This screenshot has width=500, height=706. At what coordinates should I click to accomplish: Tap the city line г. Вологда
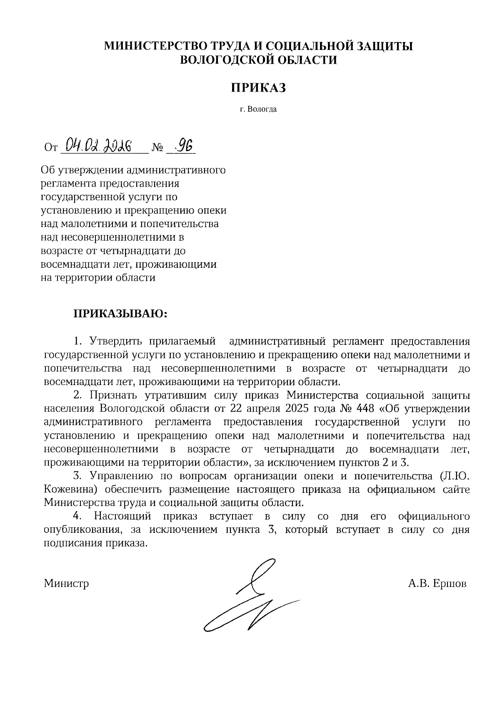tap(258, 110)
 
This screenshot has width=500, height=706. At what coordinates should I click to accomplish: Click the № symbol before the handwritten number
tap(158, 148)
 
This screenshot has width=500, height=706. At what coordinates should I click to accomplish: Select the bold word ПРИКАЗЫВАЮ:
tap(120, 313)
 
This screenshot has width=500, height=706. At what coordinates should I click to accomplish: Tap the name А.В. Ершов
tap(437, 583)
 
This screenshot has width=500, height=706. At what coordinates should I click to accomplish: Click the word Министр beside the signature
tap(66, 583)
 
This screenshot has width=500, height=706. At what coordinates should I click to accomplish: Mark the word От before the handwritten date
tap(50, 148)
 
